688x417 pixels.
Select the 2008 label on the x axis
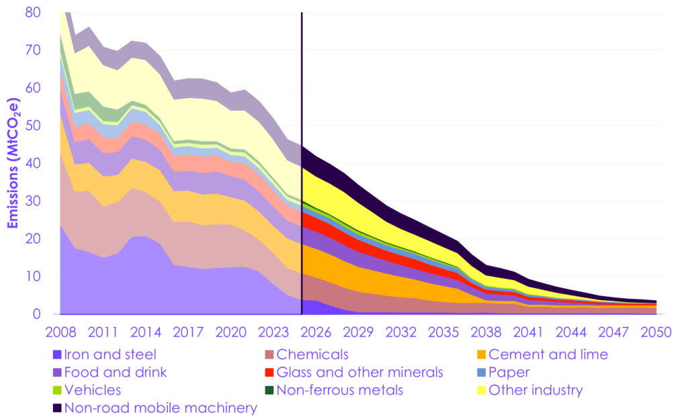coord(60,332)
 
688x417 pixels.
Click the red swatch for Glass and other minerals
coord(265,372)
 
